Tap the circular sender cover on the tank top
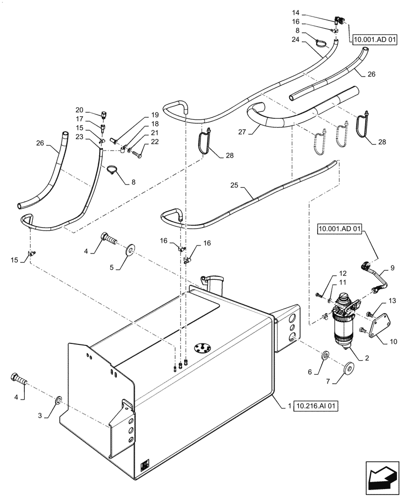tap(204, 347)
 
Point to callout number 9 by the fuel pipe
tap(392, 268)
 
